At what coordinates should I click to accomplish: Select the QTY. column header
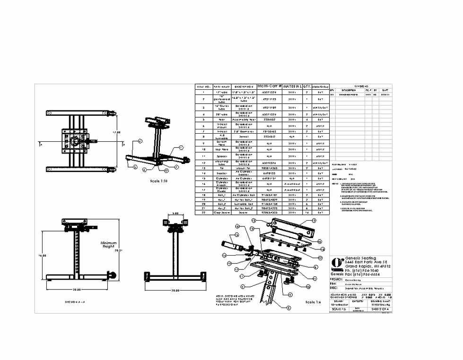click(x=307, y=86)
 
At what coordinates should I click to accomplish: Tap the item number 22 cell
click(x=203, y=212)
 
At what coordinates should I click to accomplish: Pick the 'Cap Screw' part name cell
click(x=222, y=212)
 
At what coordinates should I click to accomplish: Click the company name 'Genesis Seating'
click(x=360, y=258)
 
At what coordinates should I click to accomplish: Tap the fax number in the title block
click(x=362, y=274)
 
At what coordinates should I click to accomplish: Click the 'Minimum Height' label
click(x=108, y=245)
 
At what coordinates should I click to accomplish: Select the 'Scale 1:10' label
click(x=158, y=181)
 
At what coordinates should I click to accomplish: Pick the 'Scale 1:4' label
click(x=313, y=302)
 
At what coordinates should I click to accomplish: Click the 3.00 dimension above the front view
click(x=175, y=214)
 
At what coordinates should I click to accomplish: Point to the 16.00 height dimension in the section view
click(x=42, y=256)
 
